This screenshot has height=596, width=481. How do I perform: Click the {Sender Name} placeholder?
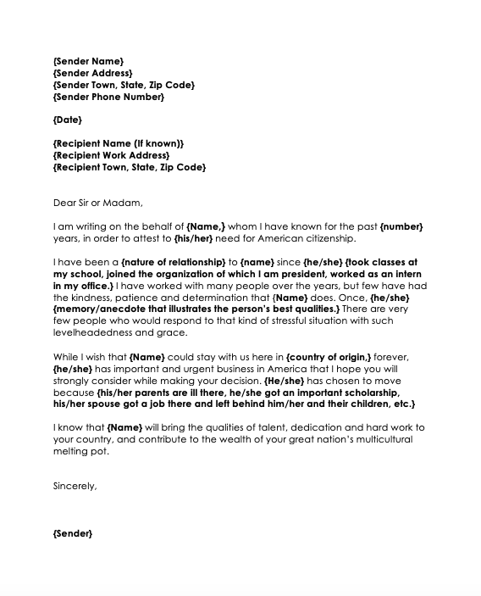tap(88, 61)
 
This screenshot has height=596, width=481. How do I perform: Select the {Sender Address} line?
tap(92, 73)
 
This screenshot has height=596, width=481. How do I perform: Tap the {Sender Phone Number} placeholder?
tap(108, 97)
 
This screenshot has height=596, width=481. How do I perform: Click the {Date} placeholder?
tap(70, 120)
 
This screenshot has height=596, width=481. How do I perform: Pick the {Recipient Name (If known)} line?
tap(118, 144)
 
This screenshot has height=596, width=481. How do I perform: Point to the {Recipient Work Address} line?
tap(111, 156)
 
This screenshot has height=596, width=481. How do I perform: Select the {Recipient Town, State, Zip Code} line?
tap(129, 168)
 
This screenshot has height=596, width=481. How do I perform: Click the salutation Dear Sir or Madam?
tap(98, 203)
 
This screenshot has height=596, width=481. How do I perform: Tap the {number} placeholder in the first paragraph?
tap(401, 226)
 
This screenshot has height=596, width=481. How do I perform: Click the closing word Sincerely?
tap(75, 487)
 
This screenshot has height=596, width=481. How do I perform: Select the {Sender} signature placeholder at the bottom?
tap(72, 534)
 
